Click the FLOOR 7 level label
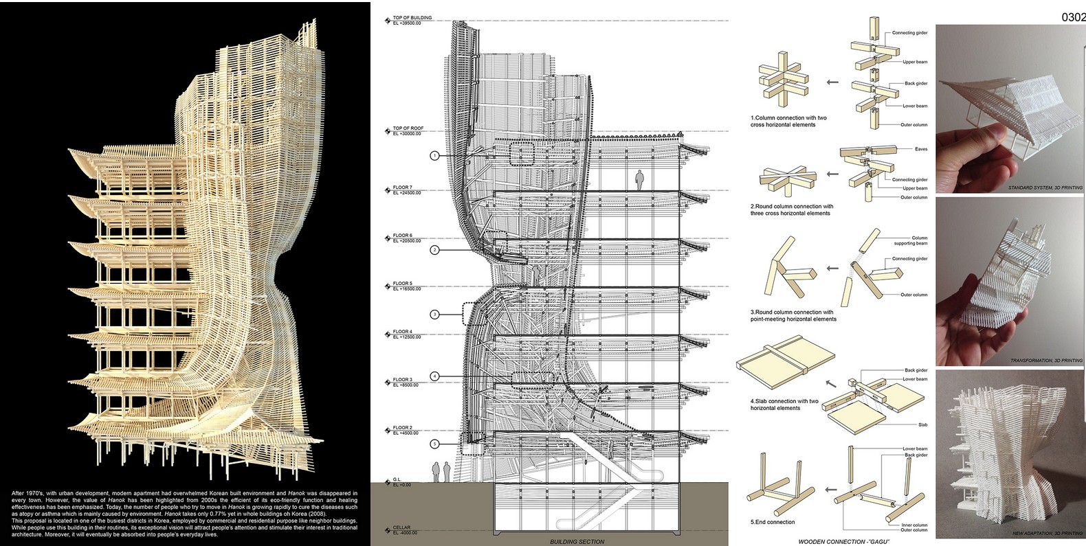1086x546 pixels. (402, 187)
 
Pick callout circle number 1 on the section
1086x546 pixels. (434, 156)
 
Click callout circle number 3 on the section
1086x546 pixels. (434, 315)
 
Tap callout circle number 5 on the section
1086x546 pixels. (434, 444)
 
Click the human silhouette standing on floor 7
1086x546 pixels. (640, 180)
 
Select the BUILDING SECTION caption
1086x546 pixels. (577, 542)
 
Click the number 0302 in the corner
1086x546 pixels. (1073, 17)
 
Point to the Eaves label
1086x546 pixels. (921, 149)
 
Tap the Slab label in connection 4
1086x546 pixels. (922, 425)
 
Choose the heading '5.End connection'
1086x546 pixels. (773, 522)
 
